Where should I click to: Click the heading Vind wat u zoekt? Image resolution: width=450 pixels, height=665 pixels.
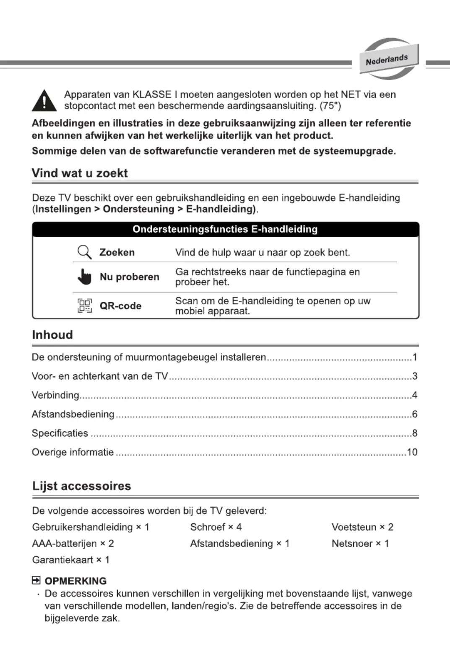pos(80,173)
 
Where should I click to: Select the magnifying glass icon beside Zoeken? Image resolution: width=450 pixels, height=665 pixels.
pos(84,252)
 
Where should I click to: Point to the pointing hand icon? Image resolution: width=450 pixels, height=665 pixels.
pos(85,277)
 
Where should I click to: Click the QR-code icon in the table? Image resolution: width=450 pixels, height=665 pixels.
pos(85,306)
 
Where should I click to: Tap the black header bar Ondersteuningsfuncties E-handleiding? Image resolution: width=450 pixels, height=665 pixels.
pos(225,229)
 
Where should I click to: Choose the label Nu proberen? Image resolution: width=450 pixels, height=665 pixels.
pos(129,277)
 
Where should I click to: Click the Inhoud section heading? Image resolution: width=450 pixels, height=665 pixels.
pos(52,335)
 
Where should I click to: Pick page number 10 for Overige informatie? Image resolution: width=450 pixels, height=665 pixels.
pos(412,452)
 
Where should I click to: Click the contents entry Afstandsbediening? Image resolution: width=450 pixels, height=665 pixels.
pos(73,414)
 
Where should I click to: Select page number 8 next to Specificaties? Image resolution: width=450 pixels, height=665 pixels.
pos(414,433)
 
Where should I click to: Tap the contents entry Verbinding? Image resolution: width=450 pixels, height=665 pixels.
pos(55,395)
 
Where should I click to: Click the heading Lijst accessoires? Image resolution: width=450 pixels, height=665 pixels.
pos(82,486)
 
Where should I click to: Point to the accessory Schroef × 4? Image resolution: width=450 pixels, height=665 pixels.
pos(216,527)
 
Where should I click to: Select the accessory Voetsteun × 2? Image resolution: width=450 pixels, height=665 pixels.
pos(362,527)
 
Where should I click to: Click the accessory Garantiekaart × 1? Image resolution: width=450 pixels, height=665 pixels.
pos(70,560)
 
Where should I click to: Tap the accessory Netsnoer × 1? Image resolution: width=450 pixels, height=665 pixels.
pos(360,543)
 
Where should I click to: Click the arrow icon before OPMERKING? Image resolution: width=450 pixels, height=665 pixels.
pos(36,581)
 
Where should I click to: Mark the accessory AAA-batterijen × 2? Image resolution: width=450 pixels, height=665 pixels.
pos(73,543)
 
